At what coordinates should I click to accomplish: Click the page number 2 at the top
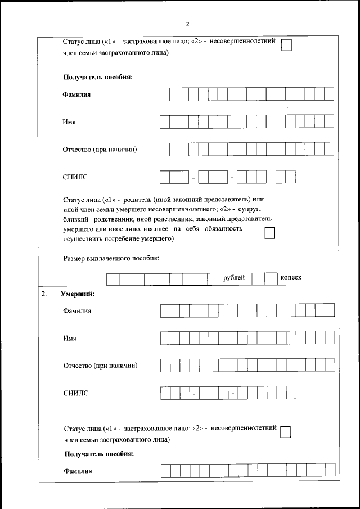pos(187,24)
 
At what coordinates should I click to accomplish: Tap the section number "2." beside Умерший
pos(44,294)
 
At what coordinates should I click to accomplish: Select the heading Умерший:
pos(78,294)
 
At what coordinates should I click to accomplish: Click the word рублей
pos(234,278)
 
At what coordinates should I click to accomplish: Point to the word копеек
pos(291,278)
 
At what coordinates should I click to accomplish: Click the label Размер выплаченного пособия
pos(111,258)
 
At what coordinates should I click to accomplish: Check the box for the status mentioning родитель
pos(270,233)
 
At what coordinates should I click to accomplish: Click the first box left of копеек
pos(258,278)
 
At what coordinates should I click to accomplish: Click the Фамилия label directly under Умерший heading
pos(77,311)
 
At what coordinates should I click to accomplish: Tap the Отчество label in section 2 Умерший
pos(100,366)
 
